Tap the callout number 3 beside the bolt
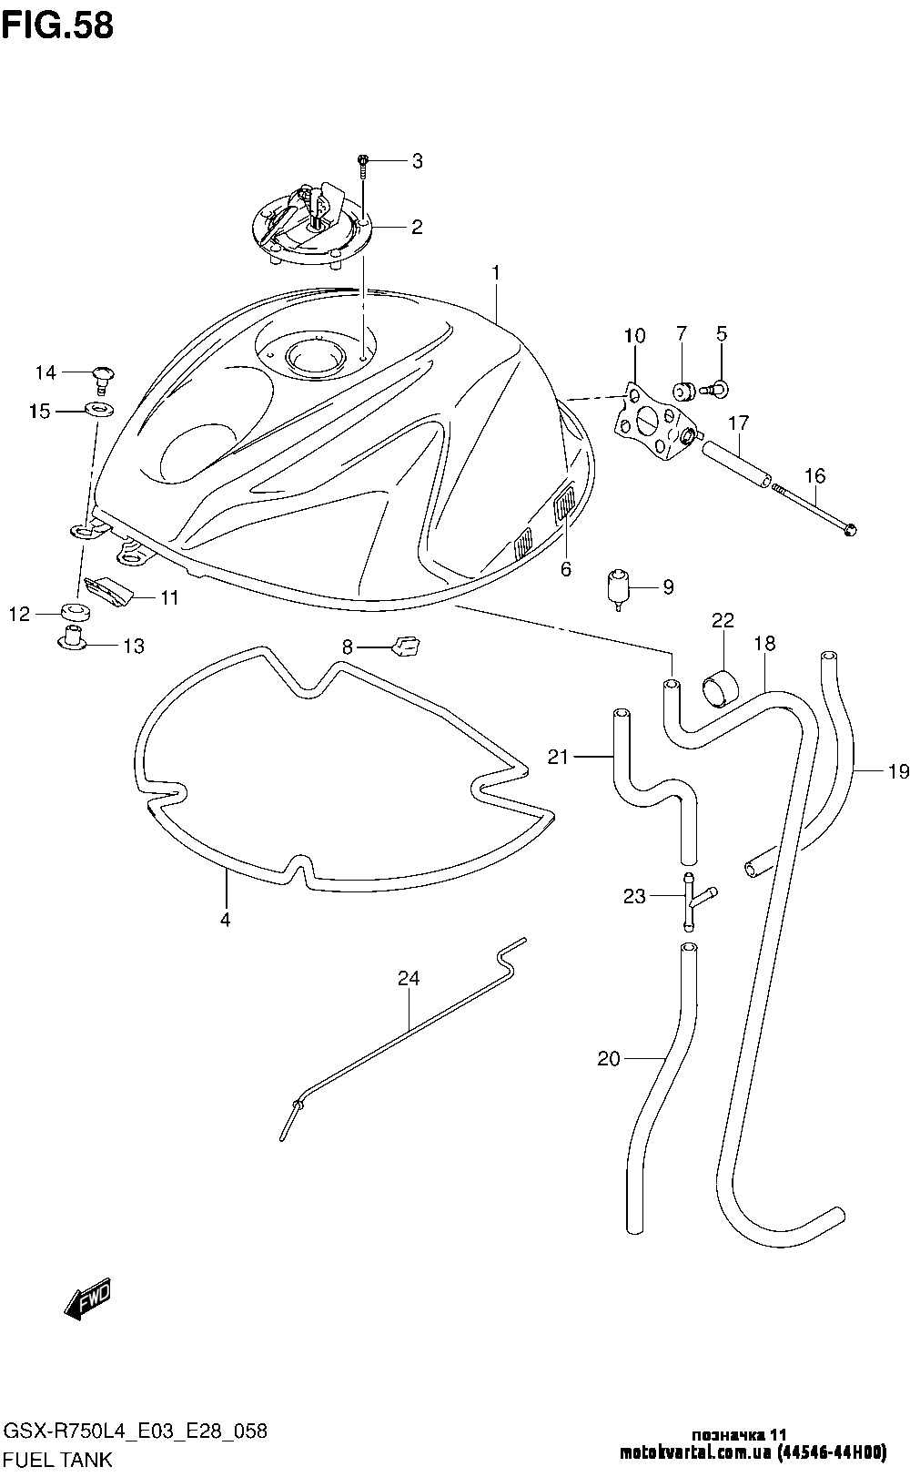417,161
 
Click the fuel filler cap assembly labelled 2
312,223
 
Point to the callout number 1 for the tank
496,272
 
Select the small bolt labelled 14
102,378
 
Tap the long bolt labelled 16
814,509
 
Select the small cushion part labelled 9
617,586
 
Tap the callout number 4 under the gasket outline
226,919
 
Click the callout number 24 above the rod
409,978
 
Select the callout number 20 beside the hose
609,1058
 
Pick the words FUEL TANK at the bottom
58,1459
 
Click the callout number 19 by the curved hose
899,770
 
